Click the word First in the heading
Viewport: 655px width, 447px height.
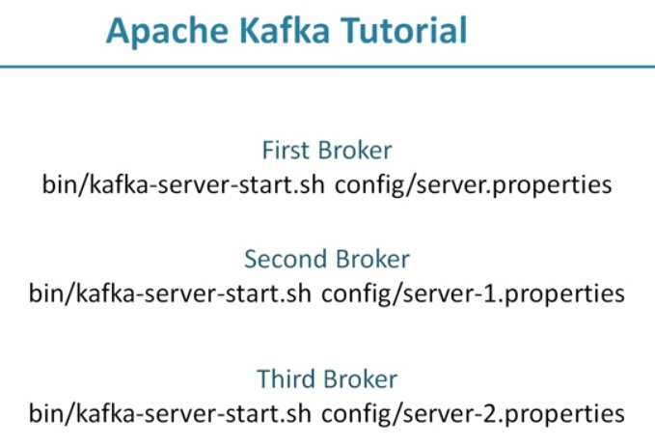pos(284,151)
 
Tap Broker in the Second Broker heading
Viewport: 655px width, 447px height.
pos(369,259)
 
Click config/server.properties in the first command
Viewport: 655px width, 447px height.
pos(474,184)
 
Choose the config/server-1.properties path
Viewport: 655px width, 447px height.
pos(473,293)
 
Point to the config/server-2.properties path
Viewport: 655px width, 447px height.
pos(473,413)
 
